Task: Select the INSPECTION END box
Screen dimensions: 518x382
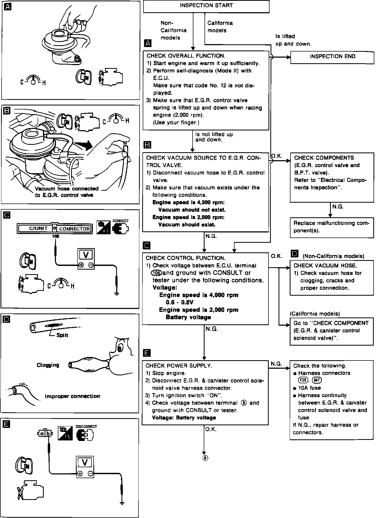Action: pos(332,57)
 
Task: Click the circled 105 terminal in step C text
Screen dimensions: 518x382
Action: pos(156,273)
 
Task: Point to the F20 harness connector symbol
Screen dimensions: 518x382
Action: pos(303,380)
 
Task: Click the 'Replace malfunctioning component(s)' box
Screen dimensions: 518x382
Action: pos(332,227)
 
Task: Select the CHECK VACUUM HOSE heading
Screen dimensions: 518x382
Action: pos(325,266)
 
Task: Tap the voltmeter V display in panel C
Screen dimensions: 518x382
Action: pos(86,255)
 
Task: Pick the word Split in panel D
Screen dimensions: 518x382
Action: pos(62,336)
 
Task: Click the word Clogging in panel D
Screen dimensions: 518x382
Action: pos(48,365)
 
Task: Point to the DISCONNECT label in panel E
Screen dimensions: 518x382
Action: pos(86,427)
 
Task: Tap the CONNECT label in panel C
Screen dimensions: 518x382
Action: pos(120,221)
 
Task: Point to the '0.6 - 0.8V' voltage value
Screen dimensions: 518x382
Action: pos(179,302)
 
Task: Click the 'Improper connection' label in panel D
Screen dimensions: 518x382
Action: pos(72,396)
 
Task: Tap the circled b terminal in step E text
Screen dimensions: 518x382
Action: pos(243,403)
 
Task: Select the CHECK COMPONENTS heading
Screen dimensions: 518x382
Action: pos(324,158)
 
